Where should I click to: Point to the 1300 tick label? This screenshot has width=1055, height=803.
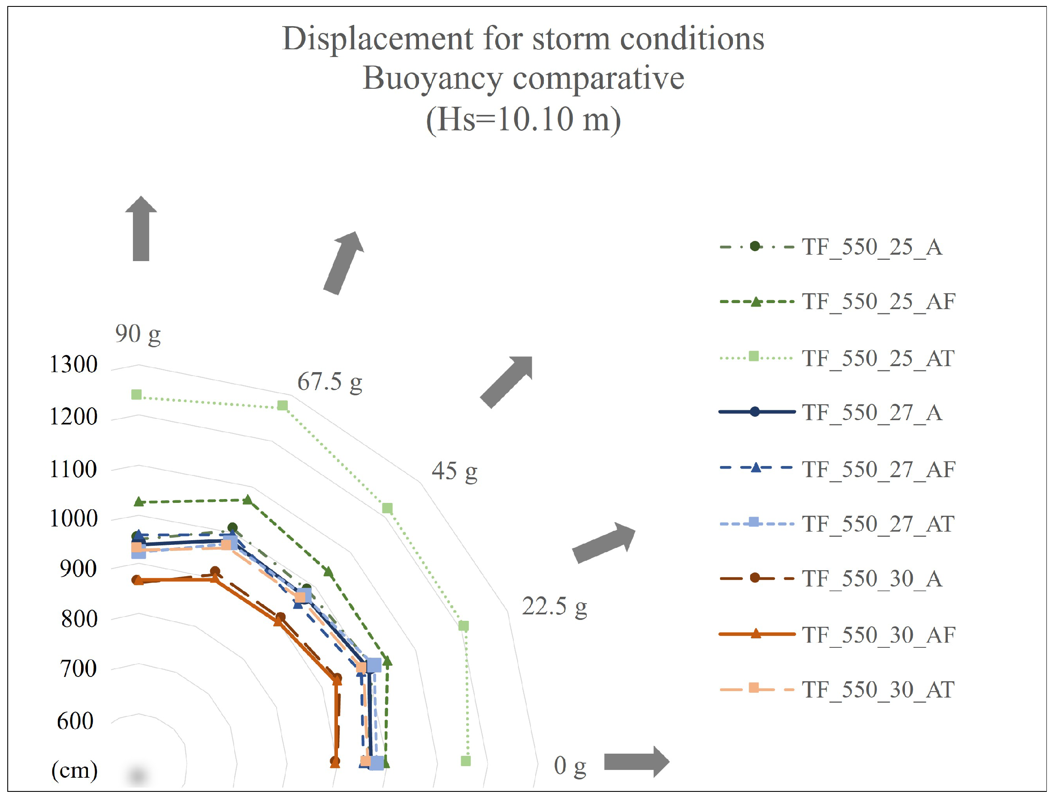pyautogui.click(x=74, y=365)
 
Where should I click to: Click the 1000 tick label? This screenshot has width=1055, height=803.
pyautogui.click(x=74, y=519)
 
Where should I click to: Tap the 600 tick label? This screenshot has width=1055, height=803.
pyautogui.click(x=75, y=721)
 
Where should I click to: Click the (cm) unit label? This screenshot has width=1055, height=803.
pyautogui.click(x=75, y=770)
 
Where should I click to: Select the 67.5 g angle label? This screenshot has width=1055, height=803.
pyautogui.click(x=330, y=382)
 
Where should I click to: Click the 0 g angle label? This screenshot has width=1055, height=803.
pyautogui.click(x=570, y=765)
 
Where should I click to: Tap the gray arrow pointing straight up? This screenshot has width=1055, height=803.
pyautogui.click(x=141, y=229)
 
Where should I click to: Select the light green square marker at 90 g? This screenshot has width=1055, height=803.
pyautogui.click(x=137, y=395)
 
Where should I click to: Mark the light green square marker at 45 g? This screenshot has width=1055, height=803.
pyautogui.click(x=388, y=508)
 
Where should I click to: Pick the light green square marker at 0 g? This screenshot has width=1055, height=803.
pyautogui.click(x=466, y=761)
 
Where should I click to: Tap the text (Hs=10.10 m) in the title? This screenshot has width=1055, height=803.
pyautogui.click(x=524, y=120)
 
